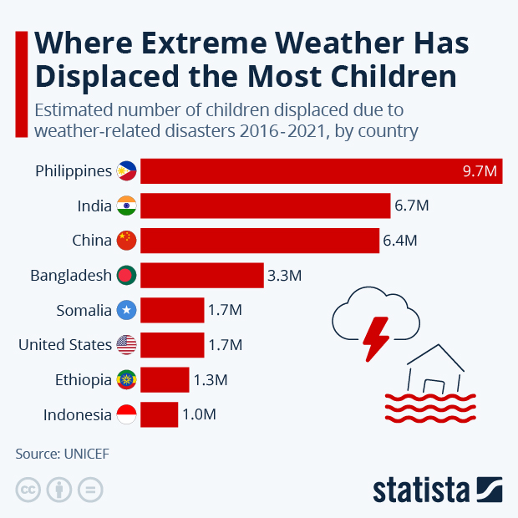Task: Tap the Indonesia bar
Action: (x=160, y=414)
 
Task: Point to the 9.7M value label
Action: (x=480, y=171)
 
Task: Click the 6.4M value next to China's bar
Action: (x=399, y=241)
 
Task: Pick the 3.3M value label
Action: (x=284, y=275)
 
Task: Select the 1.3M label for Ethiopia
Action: (x=210, y=380)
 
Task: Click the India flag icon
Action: (x=126, y=206)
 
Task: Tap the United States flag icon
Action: (x=126, y=345)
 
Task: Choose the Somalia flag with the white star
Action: (x=126, y=310)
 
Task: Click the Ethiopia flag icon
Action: (x=126, y=380)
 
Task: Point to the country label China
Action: (x=91, y=241)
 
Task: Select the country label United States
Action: (x=64, y=345)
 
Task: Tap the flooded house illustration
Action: (x=434, y=384)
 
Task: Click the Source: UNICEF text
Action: (x=62, y=454)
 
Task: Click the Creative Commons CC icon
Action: (x=28, y=490)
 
